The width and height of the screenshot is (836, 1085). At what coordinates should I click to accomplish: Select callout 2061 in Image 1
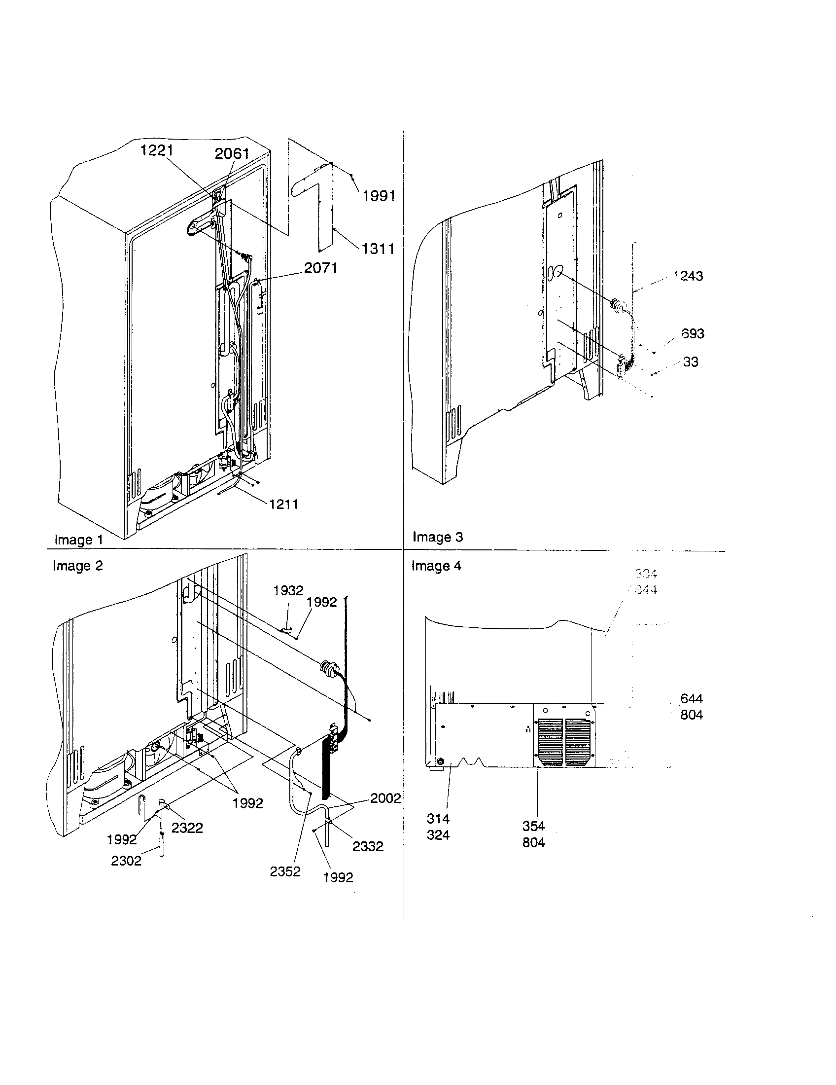click(x=231, y=153)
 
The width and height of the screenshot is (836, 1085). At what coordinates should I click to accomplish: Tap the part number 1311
click(x=378, y=249)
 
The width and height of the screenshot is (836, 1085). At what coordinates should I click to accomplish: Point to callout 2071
click(x=320, y=268)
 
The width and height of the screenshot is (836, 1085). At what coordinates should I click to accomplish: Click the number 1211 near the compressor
click(x=283, y=504)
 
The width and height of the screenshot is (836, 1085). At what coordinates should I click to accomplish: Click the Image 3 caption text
click(x=437, y=537)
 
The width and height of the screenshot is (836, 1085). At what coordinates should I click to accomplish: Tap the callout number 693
click(x=693, y=334)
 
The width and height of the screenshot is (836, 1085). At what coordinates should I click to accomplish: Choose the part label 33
click(x=690, y=362)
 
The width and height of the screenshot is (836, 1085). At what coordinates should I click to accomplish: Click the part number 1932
click(x=288, y=590)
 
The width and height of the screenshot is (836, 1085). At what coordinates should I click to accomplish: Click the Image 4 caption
click(x=436, y=566)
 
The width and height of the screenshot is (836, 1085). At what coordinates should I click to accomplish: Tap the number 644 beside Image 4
click(x=691, y=699)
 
